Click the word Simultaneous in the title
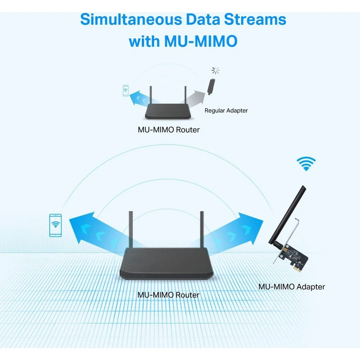tap(131, 19)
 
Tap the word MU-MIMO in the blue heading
tap(201, 41)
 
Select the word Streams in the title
tap(255, 19)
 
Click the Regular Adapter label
tap(226, 110)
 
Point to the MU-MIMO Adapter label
tap(292, 287)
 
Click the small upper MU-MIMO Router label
tap(169, 130)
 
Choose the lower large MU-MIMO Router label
tap(168, 295)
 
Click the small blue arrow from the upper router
tap(143, 98)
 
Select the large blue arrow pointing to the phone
tap(101, 232)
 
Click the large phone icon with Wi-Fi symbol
tap(56, 225)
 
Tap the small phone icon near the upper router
tap(126, 90)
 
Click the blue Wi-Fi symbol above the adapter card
tap(306, 164)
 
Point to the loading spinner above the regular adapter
tap(215, 70)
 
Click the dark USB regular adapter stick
tap(211, 86)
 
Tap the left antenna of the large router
tap(131, 230)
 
